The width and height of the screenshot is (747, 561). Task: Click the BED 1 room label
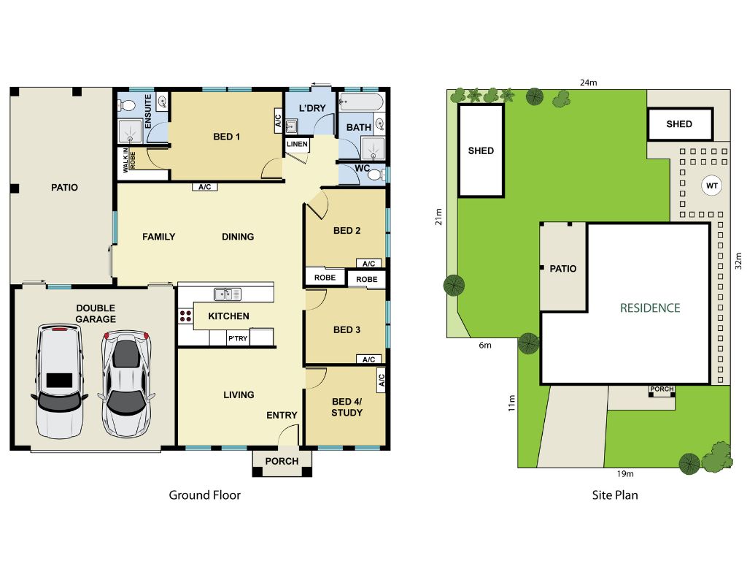(226, 137)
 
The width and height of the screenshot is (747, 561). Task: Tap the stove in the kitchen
(185, 316)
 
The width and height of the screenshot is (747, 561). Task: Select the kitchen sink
(228, 294)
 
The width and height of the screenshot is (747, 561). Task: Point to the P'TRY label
(238, 338)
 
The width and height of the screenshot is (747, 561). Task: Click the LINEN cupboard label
(297, 144)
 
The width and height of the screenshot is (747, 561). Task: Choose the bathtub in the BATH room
(361, 102)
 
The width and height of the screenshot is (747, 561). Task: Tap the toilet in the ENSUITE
(127, 105)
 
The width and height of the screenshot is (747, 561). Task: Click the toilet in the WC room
(376, 175)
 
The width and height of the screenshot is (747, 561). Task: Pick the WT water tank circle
(712, 186)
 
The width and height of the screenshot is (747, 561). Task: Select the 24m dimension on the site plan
(589, 83)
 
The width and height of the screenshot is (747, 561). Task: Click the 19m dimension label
(625, 473)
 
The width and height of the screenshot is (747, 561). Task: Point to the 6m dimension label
(485, 345)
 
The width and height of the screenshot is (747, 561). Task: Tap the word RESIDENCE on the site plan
(650, 308)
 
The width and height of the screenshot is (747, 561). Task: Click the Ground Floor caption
(205, 495)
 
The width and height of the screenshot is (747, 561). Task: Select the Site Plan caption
(615, 495)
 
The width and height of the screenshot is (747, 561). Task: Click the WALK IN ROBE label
(129, 160)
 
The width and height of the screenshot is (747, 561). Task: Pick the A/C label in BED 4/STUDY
(381, 380)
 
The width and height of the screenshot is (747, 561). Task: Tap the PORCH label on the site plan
(662, 389)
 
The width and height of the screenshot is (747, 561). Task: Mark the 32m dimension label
(738, 261)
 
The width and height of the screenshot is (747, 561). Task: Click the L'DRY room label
(312, 108)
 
